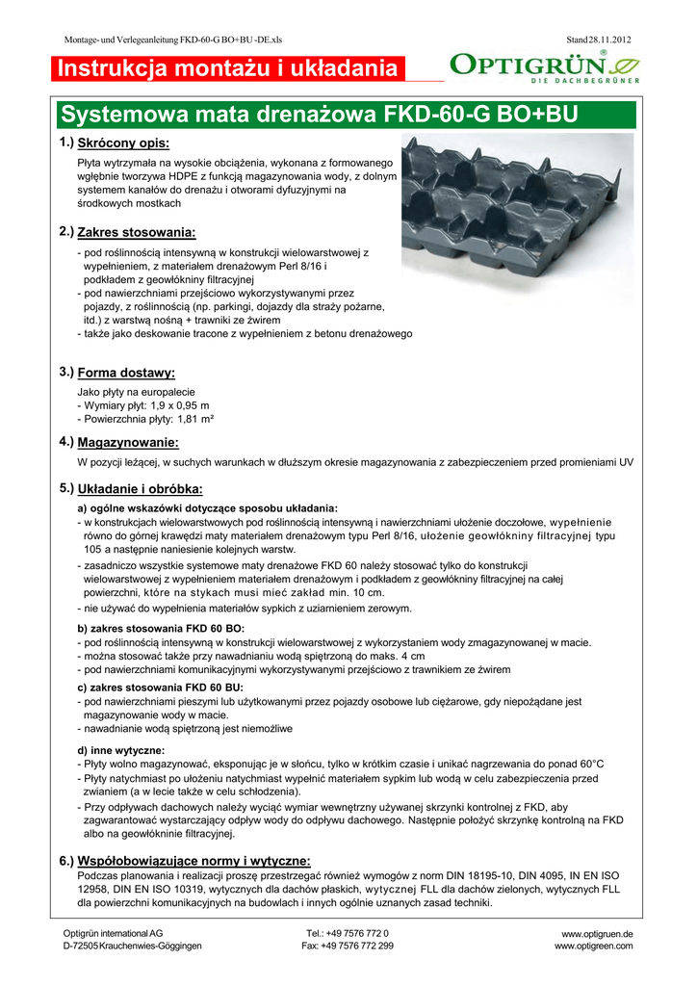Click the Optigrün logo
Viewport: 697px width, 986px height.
(543, 67)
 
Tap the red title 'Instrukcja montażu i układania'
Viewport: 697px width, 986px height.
(227, 69)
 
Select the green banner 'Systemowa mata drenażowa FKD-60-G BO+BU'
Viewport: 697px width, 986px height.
(319, 116)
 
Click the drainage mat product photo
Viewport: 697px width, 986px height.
(517, 212)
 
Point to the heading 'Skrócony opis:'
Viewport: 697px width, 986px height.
(123, 143)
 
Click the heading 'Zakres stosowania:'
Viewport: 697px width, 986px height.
(136, 233)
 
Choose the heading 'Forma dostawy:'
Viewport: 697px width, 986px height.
(125, 373)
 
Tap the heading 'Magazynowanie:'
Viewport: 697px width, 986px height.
(128, 443)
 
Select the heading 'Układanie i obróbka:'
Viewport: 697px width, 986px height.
(140, 489)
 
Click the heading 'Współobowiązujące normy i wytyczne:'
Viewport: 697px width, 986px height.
(194, 860)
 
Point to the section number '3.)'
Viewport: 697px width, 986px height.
(66, 372)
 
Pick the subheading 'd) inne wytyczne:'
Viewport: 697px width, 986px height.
(120, 749)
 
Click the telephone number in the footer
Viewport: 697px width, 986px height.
(347, 934)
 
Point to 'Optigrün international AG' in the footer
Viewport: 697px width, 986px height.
(112, 934)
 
